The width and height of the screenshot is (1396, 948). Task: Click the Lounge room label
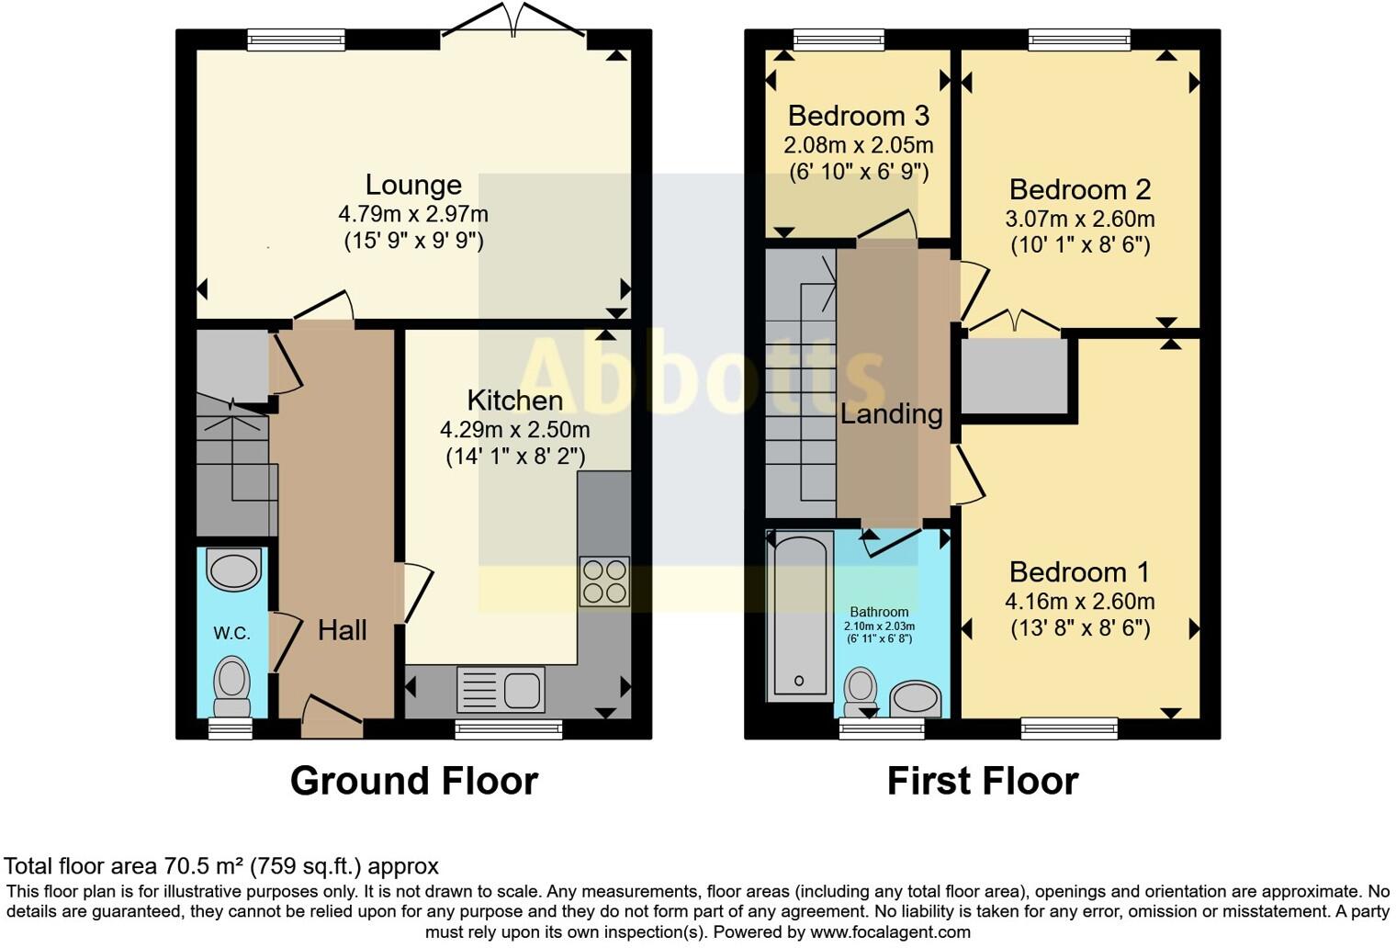413,185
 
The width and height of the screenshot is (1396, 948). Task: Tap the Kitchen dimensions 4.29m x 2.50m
514,429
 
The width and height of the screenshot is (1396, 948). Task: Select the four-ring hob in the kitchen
604,581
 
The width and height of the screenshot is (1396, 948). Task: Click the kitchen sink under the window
501,689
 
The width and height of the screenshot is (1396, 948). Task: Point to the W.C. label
231,633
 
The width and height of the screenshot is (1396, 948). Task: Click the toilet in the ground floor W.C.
231,685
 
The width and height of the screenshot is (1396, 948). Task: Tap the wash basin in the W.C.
233,570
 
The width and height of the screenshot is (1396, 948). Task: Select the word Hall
342,630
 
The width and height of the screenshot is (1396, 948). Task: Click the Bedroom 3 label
858,116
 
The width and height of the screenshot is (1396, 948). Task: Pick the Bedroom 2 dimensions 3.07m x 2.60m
1079,220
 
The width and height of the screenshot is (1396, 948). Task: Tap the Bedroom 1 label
1079,572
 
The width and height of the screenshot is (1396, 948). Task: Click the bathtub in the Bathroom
798,615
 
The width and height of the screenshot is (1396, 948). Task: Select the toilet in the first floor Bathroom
861,689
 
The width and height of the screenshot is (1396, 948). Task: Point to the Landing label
891,414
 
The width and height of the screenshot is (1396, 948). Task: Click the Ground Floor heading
413,781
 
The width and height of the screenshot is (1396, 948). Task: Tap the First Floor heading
982,781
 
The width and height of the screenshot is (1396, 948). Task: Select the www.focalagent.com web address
889,931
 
